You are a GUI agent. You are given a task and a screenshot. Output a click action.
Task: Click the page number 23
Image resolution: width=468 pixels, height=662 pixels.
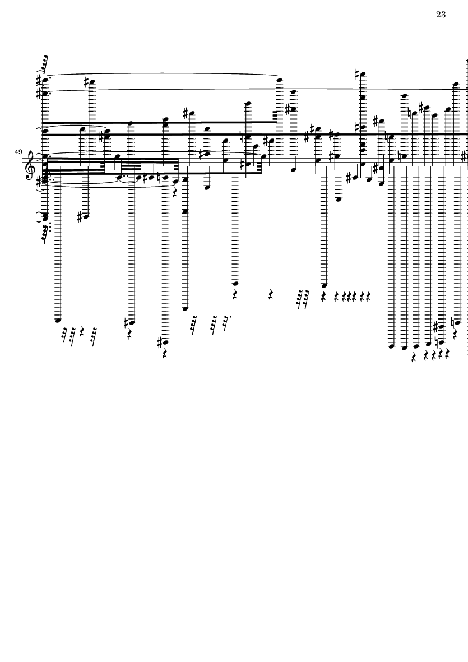click(x=440, y=15)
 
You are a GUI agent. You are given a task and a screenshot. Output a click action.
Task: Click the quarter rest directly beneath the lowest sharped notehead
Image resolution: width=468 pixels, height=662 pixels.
click(x=165, y=354)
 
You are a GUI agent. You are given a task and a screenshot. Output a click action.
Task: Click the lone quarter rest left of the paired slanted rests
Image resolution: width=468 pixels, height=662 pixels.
click(x=271, y=294)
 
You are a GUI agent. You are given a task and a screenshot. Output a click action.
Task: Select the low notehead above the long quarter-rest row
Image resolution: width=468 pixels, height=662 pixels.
click(x=324, y=285)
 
